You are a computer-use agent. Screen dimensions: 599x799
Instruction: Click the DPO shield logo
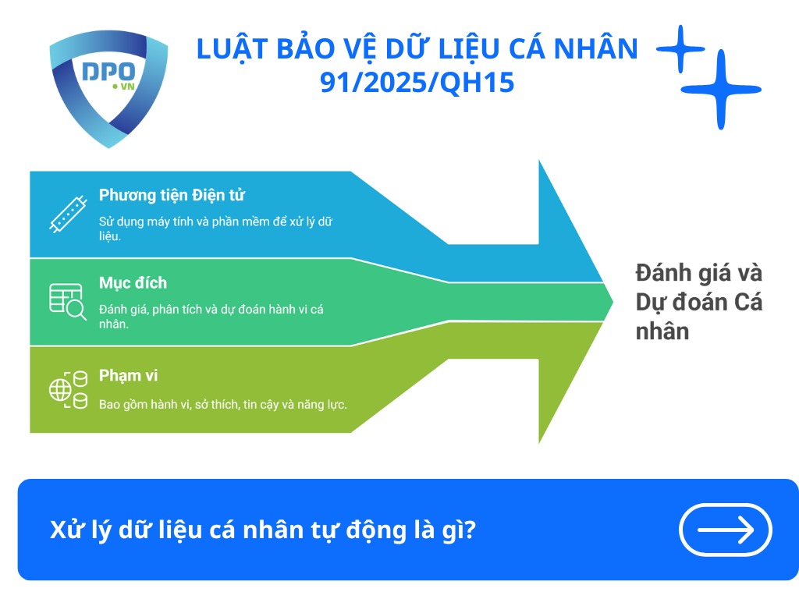(x=108, y=87)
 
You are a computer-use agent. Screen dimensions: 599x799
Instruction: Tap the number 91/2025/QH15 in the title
(x=417, y=81)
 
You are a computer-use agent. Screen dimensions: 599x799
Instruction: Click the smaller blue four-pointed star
(x=680, y=49)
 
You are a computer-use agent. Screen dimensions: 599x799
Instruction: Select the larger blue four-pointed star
(x=719, y=90)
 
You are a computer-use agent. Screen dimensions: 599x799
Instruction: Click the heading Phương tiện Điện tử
(x=172, y=195)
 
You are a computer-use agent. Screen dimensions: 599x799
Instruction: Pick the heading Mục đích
(x=133, y=282)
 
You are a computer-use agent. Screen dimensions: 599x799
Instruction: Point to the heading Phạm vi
(x=128, y=376)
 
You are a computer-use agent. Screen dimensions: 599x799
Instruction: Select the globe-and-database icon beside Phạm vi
(x=68, y=390)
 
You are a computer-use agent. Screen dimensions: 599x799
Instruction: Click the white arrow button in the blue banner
(x=726, y=530)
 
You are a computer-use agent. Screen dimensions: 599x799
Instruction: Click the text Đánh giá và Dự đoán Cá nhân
(x=698, y=303)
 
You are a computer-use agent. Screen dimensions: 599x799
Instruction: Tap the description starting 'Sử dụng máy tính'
(x=215, y=228)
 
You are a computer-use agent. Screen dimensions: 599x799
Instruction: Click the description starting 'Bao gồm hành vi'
(x=222, y=404)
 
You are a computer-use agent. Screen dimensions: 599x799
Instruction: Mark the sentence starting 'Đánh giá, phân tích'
(x=211, y=316)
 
